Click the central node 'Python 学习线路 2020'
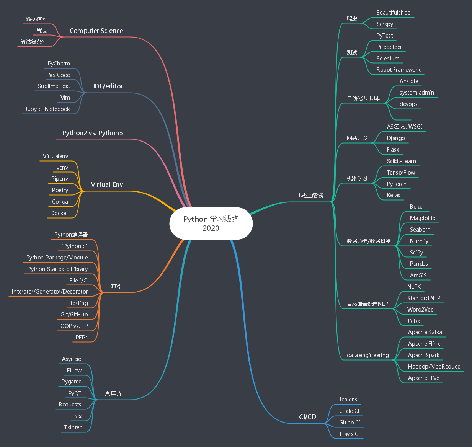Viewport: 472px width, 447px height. (211, 223)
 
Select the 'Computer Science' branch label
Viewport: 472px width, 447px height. (96, 31)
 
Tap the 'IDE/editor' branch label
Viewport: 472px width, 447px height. (108, 86)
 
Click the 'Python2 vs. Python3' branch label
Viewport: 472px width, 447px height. (93, 133)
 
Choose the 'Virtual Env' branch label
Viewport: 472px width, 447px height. (107, 185)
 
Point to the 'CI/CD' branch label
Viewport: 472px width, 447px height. (307, 417)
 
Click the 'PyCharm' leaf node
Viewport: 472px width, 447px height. (59, 64)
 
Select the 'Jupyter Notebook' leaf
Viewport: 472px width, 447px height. (47, 109)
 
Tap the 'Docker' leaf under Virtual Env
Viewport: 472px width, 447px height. (59, 213)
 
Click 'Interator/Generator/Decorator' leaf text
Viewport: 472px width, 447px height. (49, 292)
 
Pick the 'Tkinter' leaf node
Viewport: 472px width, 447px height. (73, 427)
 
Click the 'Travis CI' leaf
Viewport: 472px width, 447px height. (349, 434)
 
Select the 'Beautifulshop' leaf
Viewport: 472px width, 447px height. (393, 13)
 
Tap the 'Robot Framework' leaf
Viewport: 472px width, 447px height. (398, 70)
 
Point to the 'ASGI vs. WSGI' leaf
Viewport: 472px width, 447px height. (404, 127)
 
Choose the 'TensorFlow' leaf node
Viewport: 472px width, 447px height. (401, 173)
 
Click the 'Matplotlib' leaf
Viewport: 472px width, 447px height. (422, 218)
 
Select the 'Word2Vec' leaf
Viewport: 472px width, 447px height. (420, 310)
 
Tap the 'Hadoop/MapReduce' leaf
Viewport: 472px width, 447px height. (434, 367)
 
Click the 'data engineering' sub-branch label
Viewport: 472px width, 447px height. (367, 355)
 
